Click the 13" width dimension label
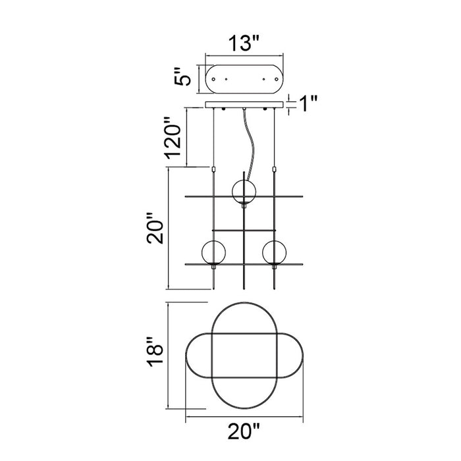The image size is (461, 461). [244, 43]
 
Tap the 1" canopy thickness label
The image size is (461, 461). [308, 103]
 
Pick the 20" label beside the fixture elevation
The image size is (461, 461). [155, 229]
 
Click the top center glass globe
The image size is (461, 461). [244, 192]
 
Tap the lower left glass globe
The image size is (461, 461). [213, 252]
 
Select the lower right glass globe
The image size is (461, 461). [275, 252]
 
